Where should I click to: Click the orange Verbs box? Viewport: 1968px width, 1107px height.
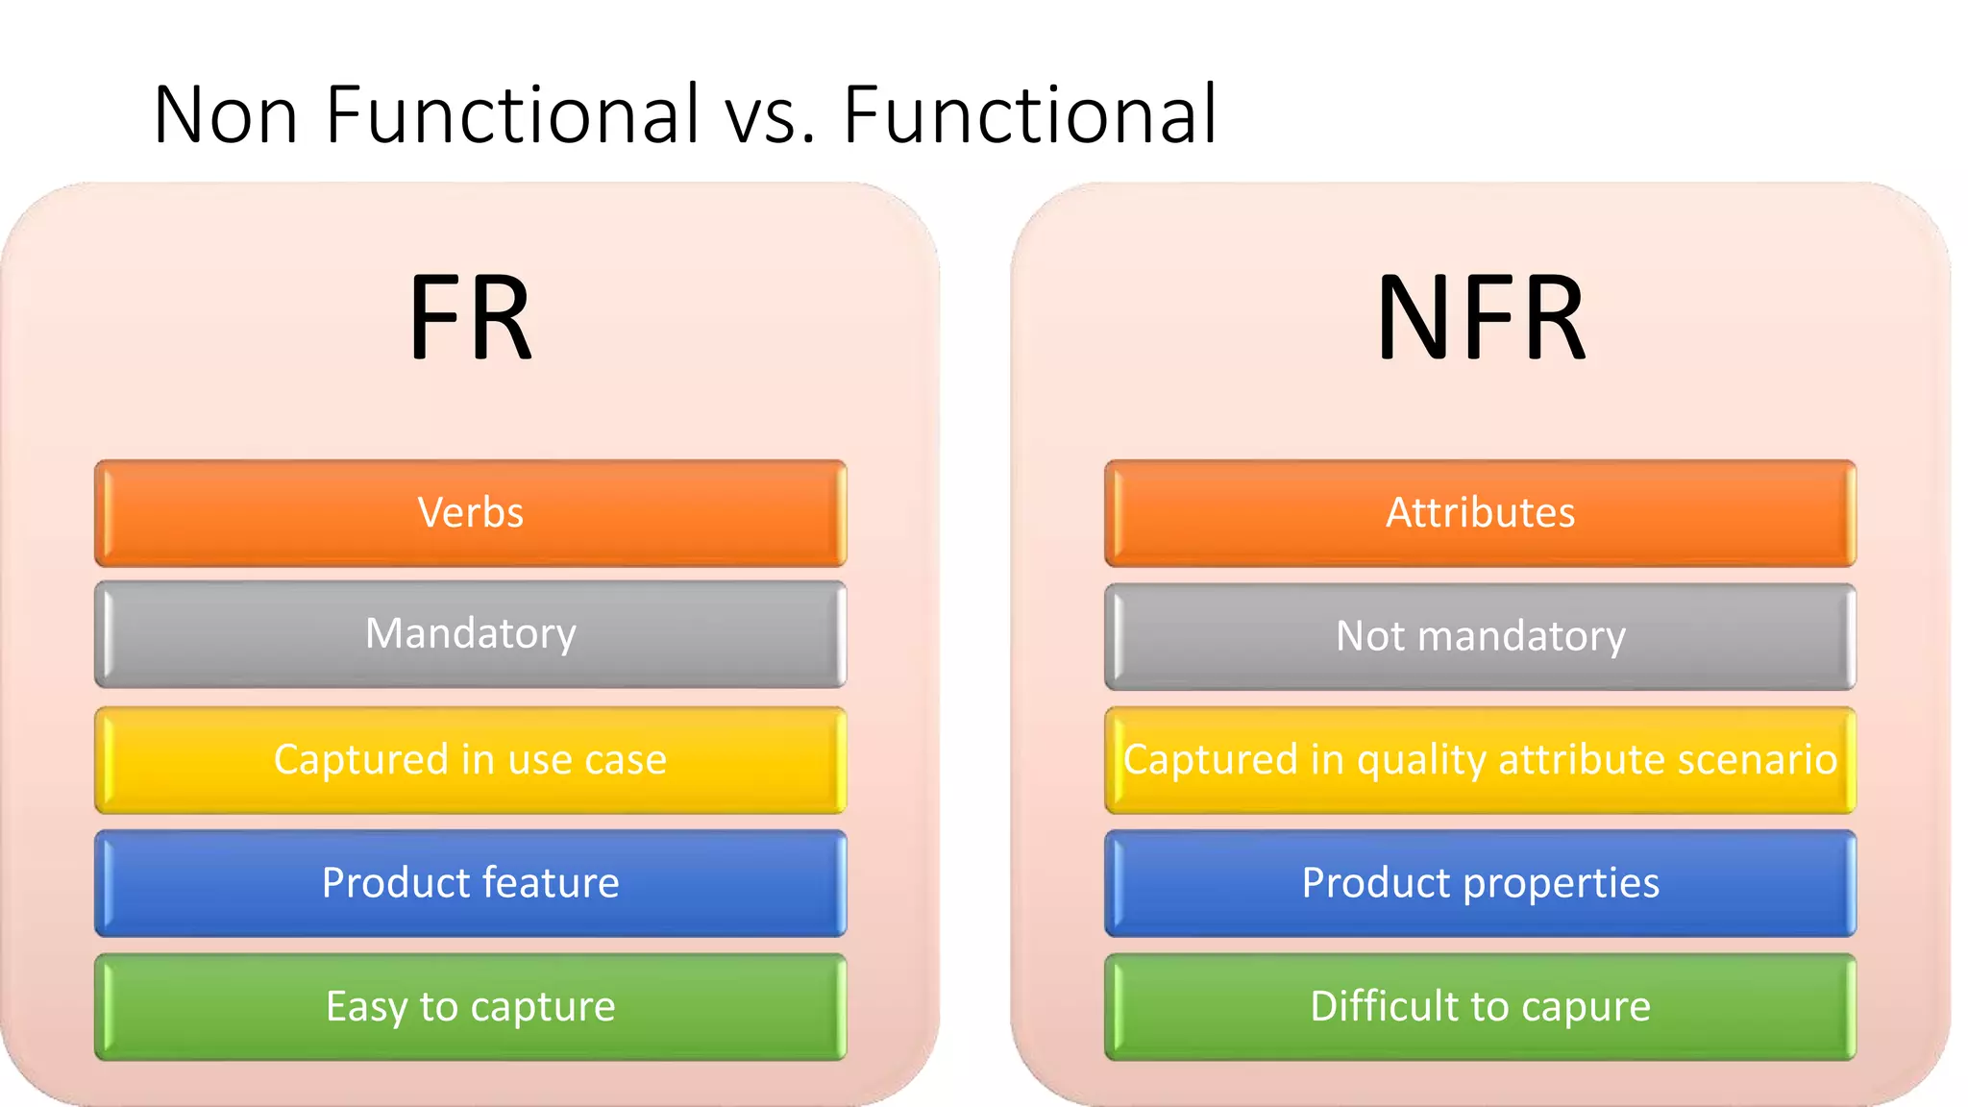pyautogui.click(x=470, y=513)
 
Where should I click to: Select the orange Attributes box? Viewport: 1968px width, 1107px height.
pyautogui.click(x=1480, y=513)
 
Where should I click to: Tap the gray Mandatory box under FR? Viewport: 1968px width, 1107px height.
pyautogui.click(x=470, y=634)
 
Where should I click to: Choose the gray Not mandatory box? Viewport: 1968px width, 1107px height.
pyautogui.click(x=1480, y=636)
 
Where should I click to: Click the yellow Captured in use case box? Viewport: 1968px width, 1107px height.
pyautogui.click(x=470, y=760)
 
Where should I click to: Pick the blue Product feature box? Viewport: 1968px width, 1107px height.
pyautogui.click(x=470, y=883)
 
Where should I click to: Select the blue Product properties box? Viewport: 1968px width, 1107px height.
pyautogui.click(x=1480, y=883)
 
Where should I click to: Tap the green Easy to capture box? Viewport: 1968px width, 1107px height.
pyautogui.click(x=470, y=1007)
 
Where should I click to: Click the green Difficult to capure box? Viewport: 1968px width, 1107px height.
pyautogui.click(x=1480, y=1007)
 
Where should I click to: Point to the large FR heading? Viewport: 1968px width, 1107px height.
pyautogui.click(x=470, y=317)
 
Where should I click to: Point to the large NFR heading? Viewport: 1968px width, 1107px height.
pyautogui.click(x=1480, y=317)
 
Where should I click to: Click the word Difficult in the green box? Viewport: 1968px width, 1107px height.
pyautogui.click(x=1384, y=1006)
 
